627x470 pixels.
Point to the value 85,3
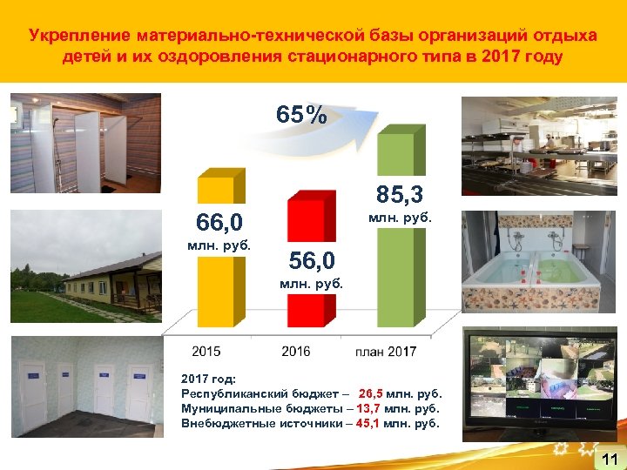pyautogui.click(x=400, y=189)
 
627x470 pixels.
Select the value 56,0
pyautogui.click(x=311, y=260)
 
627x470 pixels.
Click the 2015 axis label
pyautogui.click(x=207, y=352)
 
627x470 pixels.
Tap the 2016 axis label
pyautogui.click(x=296, y=352)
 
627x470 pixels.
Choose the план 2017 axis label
pyautogui.click(x=386, y=352)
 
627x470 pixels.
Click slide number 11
pyautogui.click(x=609, y=459)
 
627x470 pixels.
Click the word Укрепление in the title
pyautogui.click(x=78, y=36)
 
